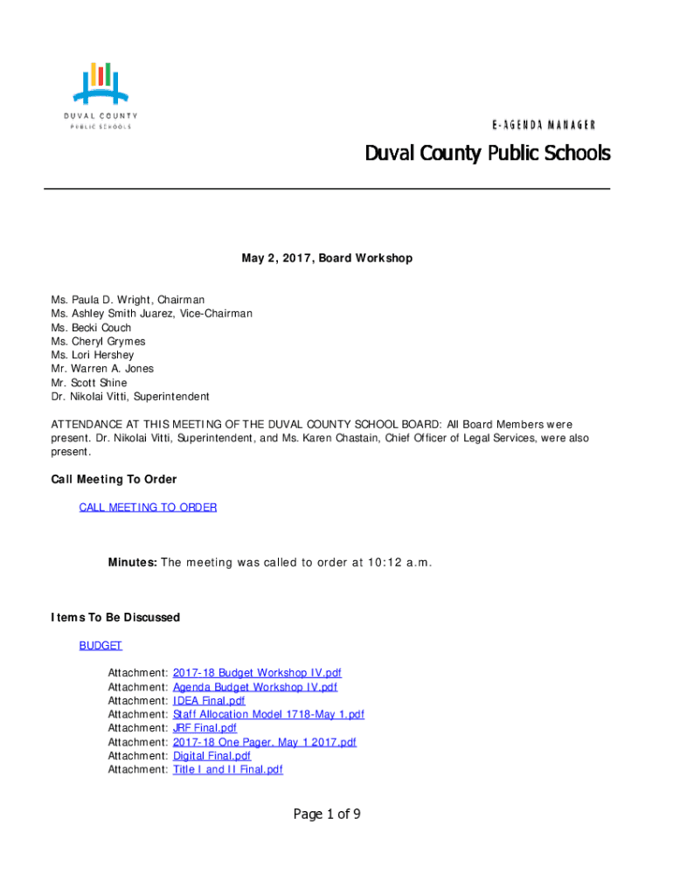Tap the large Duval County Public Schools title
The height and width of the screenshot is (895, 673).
(x=488, y=154)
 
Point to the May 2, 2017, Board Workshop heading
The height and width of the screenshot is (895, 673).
(x=327, y=259)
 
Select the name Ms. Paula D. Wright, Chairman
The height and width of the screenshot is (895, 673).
(x=128, y=300)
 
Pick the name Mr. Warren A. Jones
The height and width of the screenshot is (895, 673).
(x=102, y=369)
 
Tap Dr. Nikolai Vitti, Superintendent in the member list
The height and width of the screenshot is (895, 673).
(x=130, y=397)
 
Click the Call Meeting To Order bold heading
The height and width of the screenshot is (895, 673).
(x=114, y=480)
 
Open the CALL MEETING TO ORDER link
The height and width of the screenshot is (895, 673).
(x=148, y=507)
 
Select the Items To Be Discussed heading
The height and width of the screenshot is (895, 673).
(x=116, y=618)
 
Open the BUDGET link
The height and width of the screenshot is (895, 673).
(x=101, y=646)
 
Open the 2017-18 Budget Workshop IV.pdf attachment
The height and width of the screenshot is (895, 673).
(x=257, y=673)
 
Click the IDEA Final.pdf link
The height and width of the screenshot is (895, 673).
(x=209, y=701)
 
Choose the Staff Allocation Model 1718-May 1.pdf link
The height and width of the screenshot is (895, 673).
(x=268, y=714)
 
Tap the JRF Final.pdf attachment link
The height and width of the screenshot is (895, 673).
(x=205, y=728)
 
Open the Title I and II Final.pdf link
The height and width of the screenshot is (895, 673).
(x=228, y=770)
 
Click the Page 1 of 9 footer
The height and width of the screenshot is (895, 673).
(x=327, y=815)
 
